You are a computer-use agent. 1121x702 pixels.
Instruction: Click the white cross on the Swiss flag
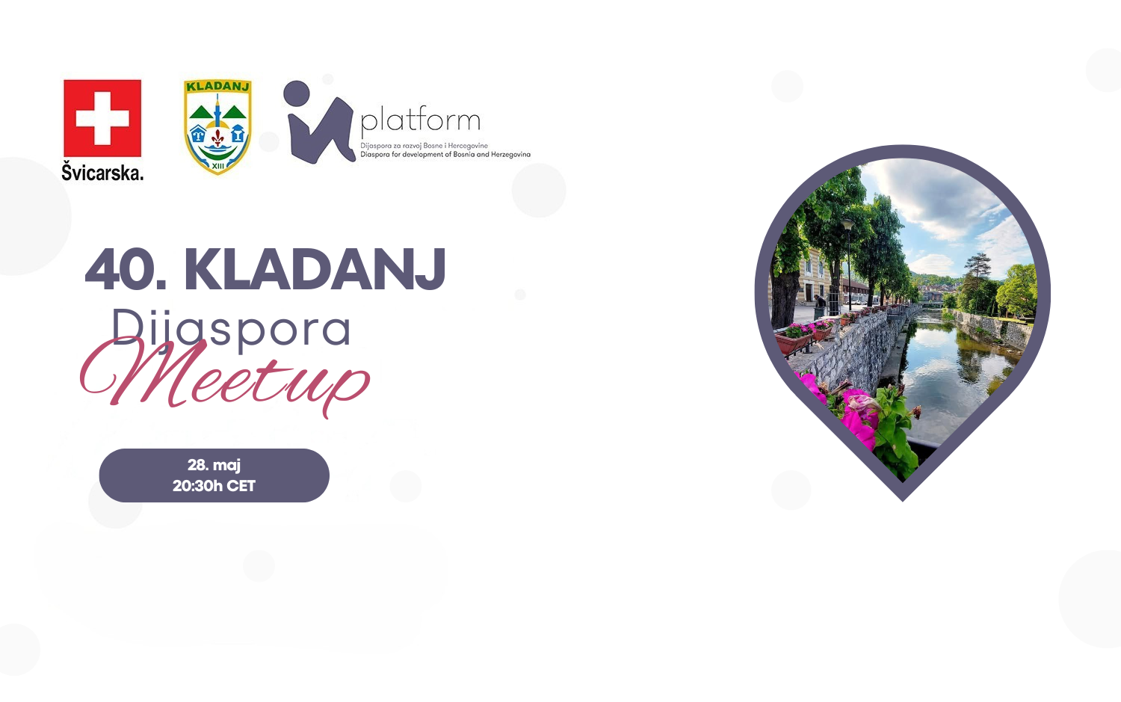click(x=102, y=119)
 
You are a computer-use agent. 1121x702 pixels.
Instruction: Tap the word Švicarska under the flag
click(x=102, y=172)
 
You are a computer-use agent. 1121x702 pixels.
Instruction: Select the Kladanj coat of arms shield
click(x=217, y=127)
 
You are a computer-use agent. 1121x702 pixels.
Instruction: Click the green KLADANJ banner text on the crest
click(x=217, y=87)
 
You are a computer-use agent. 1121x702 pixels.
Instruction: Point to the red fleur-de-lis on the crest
click(x=217, y=138)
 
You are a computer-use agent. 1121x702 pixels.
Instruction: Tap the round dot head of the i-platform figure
click(x=296, y=93)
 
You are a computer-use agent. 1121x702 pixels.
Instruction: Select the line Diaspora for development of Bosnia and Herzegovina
click(x=445, y=155)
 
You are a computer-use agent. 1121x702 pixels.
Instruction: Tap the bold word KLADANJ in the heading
click(x=315, y=268)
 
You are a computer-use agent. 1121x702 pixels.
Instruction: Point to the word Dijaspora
click(x=231, y=328)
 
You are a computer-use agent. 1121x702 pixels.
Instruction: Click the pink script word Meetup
click(x=225, y=380)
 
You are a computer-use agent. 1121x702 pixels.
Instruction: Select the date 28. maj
click(x=214, y=465)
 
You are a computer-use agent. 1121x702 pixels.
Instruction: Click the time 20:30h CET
click(x=214, y=486)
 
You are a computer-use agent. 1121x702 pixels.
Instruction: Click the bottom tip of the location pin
click(x=903, y=499)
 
